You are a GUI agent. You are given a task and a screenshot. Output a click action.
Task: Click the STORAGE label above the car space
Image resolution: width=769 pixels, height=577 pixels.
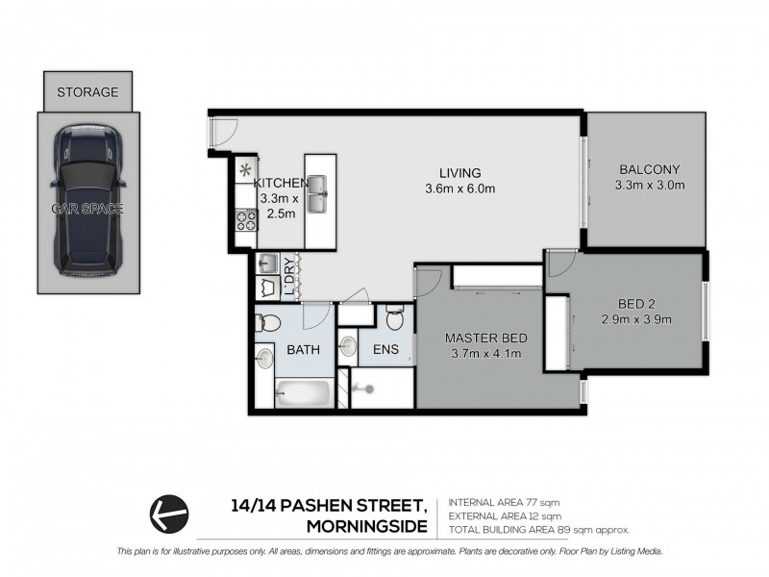pyautogui.click(x=87, y=92)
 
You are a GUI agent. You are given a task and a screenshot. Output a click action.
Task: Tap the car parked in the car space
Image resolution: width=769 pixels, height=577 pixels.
pyautogui.click(x=87, y=200)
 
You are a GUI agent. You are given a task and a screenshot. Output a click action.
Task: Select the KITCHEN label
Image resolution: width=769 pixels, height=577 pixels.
pyautogui.click(x=280, y=183)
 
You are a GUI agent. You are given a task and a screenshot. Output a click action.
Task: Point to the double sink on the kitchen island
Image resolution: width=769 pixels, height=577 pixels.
pyautogui.click(x=319, y=198)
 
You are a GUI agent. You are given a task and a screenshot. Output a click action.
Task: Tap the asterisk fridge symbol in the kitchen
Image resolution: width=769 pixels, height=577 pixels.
pyautogui.click(x=245, y=169)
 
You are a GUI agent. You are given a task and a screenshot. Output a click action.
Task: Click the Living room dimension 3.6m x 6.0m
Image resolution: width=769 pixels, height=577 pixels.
pyautogui.click(x=459, y=188)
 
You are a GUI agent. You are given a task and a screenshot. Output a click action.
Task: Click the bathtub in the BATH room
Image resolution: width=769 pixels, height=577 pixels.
pyautogui.click(x=305, y=392)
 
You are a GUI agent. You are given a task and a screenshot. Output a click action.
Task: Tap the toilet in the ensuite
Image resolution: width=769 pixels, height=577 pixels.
pyautogui.click(x=393, y=317)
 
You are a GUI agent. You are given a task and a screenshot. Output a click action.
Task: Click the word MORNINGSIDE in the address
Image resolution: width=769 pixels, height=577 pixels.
pyautogui.click(x=365, y=526)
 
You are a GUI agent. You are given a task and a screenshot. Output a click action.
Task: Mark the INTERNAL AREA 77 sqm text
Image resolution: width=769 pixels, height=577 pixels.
pyautogui.click(x=505, y=502)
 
